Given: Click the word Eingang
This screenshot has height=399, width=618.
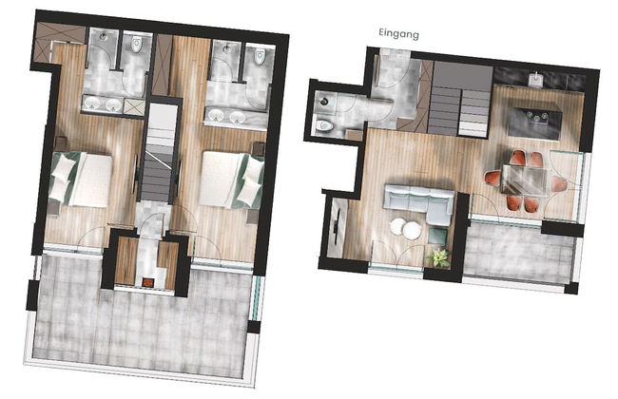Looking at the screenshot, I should pos(398,33).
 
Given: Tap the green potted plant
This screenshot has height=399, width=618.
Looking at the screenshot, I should pos(439,256).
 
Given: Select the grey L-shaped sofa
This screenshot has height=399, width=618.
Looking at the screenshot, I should pos(418,203).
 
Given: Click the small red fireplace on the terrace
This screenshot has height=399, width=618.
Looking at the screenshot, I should pos(146,280).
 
